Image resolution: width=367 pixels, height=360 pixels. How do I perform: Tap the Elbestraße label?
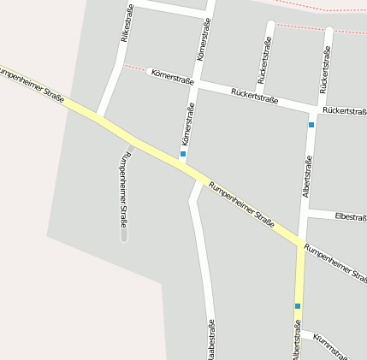click(351, 217)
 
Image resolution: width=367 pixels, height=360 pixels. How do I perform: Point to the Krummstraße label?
click(330, 345)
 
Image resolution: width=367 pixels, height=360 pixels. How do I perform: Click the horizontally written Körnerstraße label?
click(172, 77)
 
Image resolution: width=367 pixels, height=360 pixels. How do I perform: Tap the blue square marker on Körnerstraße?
click(183, 154)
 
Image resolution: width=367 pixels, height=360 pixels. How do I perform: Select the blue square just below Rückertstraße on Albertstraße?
click(311, 125)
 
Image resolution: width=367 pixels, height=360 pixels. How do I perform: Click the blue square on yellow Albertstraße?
click(298, 305)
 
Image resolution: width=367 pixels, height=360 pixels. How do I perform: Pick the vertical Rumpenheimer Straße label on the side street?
click(124, 190)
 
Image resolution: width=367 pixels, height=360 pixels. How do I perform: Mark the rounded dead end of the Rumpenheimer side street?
click(124, 235)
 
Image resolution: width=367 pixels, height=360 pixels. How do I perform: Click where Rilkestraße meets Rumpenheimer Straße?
click(99, 115)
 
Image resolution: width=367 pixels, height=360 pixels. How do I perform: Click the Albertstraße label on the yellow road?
click(297, 340)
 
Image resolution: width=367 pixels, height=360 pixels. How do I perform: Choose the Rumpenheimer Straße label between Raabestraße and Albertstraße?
click(242, 204)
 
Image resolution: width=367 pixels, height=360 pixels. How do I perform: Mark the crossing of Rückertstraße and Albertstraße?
click(314, 109)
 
